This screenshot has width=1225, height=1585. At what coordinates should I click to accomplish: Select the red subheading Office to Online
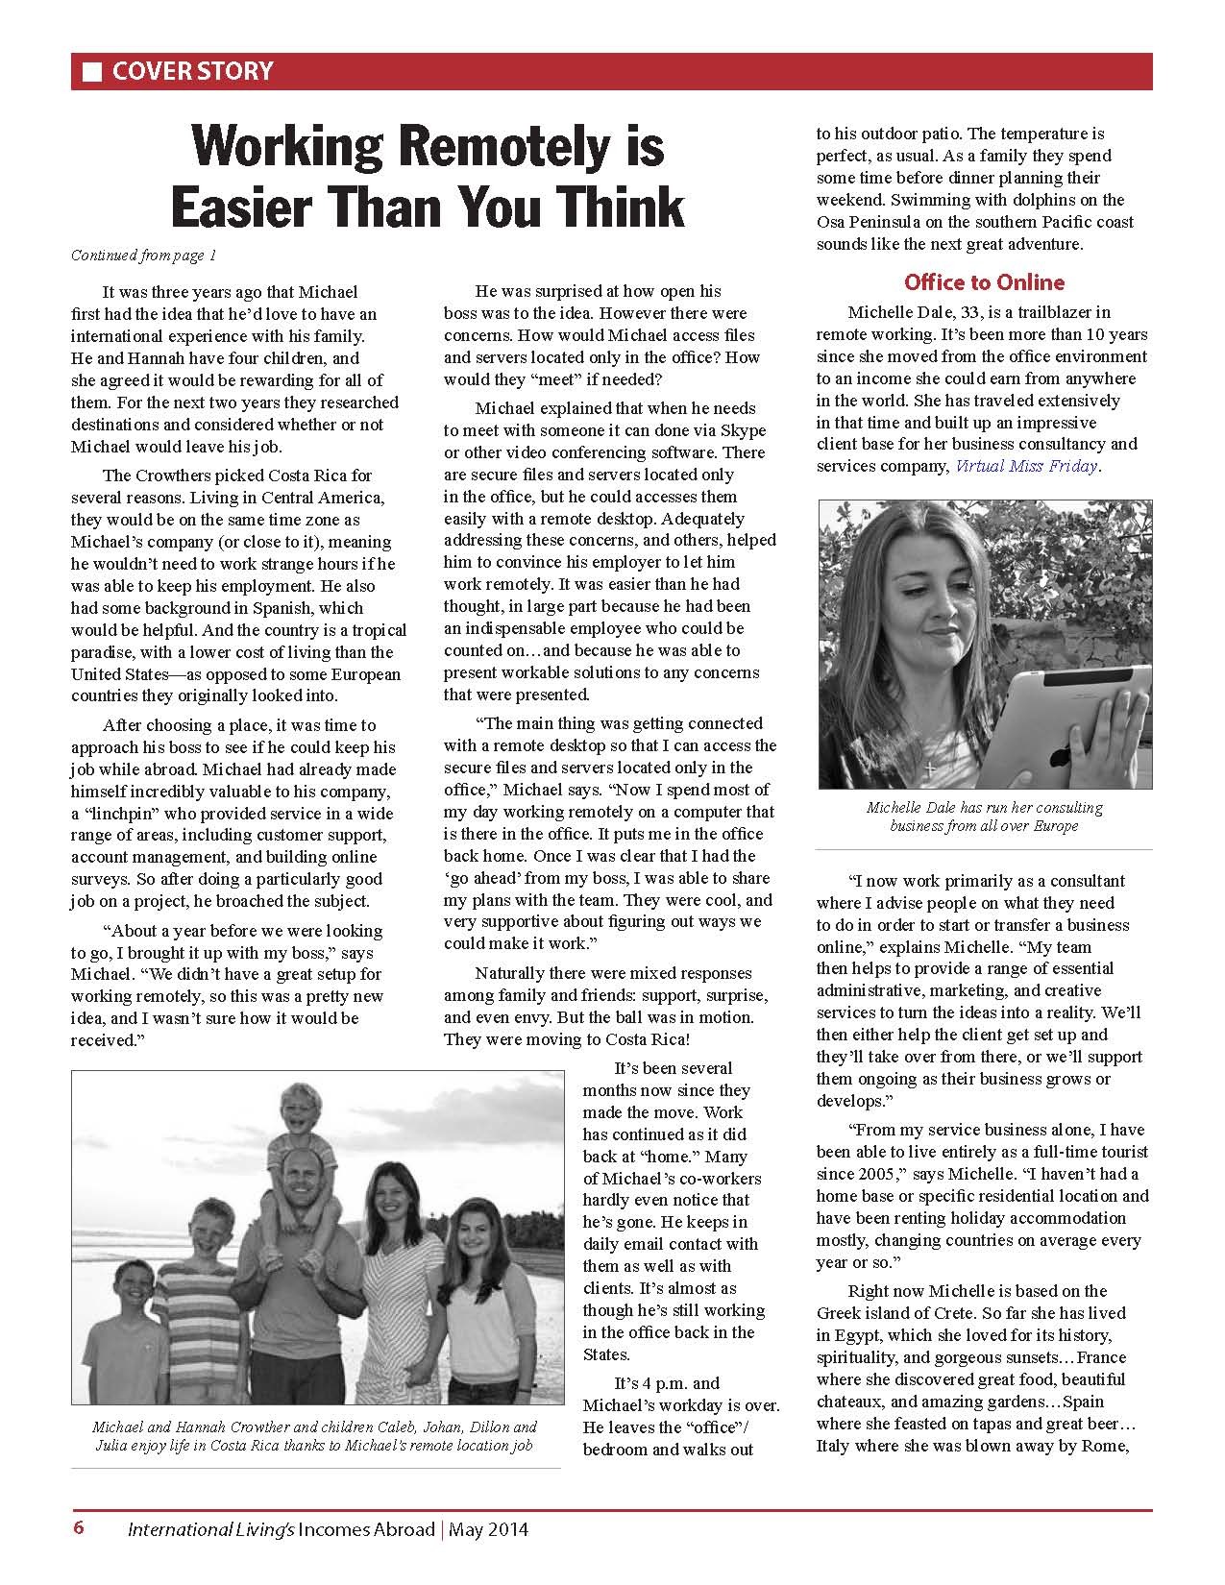(x=984, y=282)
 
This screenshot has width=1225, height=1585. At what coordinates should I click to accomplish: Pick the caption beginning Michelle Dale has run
(x=984, y=817)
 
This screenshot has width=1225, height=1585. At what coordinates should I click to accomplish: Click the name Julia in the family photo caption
(x=110, y=1445)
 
